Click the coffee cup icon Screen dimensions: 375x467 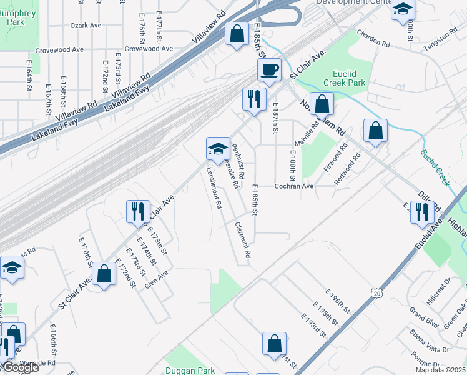coord(269,69)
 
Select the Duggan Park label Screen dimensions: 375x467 coord(190,370)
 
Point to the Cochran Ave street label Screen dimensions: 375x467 coord(294,186)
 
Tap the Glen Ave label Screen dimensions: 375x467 coord(156,279)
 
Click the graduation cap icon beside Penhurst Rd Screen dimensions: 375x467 coord(218,149)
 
